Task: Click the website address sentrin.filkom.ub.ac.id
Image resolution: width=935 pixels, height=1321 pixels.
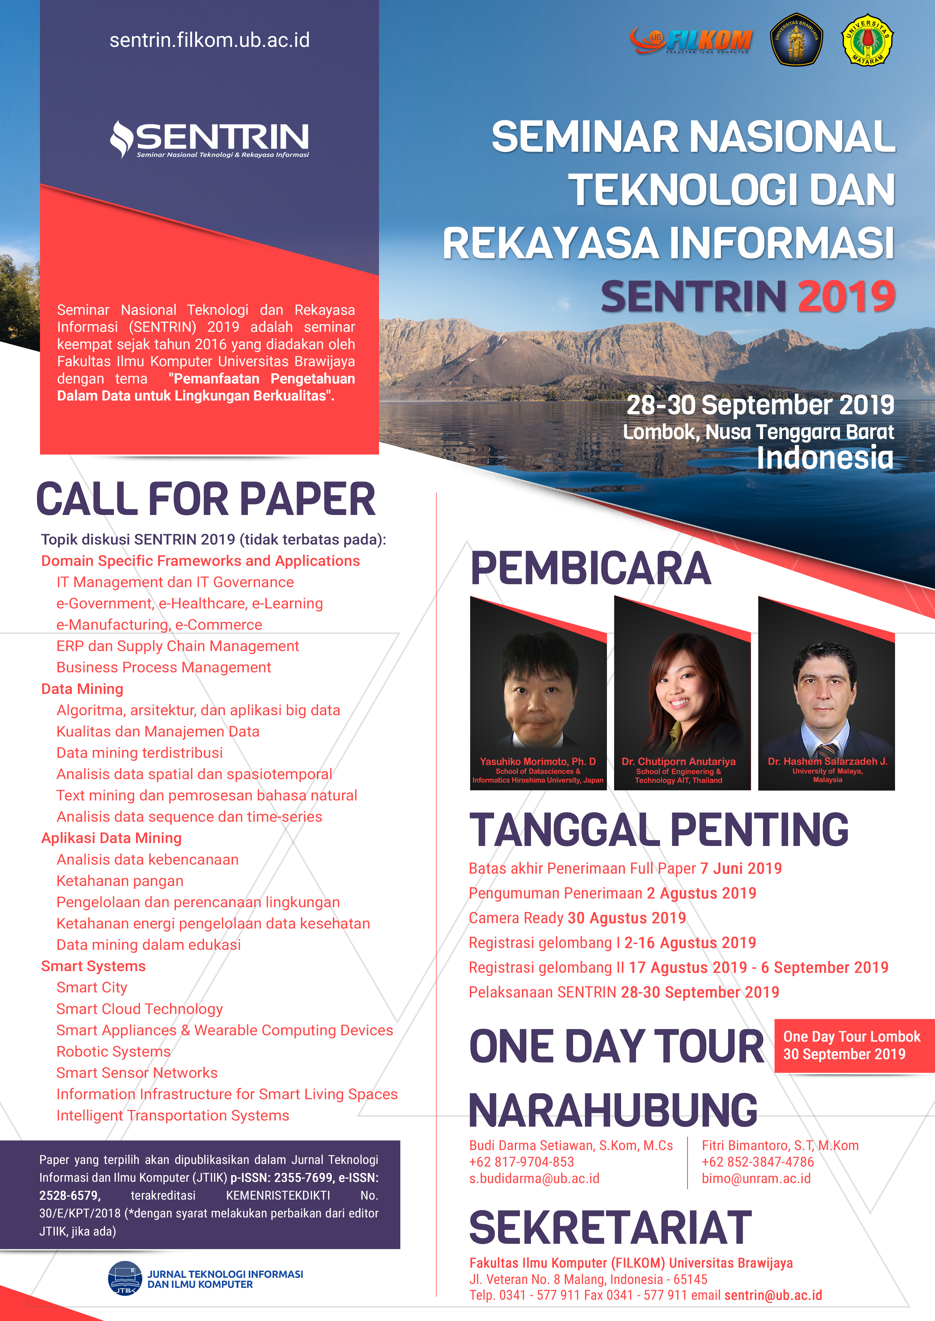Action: point(209,40)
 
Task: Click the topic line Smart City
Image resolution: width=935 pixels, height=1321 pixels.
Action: point(91,987)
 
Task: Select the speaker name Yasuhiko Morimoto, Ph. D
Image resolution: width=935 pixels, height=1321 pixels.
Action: point(538,761)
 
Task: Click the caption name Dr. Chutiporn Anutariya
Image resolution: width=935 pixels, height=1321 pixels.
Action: point(678,761)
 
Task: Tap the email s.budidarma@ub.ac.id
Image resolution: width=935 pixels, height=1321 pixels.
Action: point(534,1178)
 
